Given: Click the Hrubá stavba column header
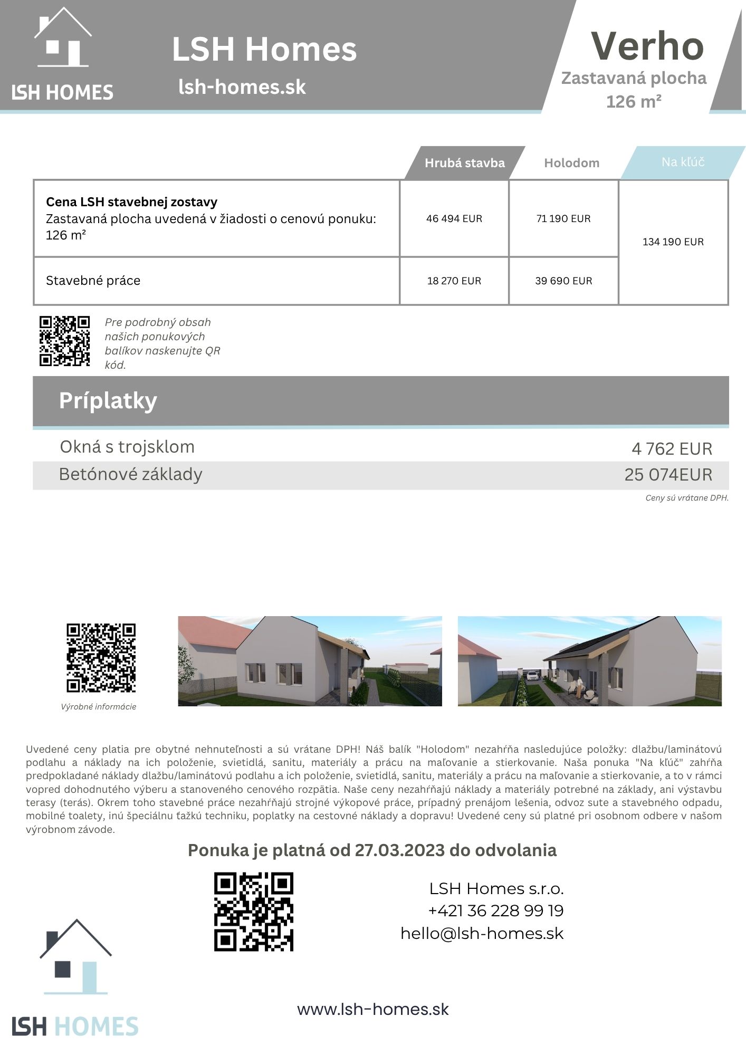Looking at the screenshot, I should [464, 163].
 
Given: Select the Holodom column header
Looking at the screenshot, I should [571, 163].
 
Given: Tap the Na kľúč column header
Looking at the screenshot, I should [683, 162].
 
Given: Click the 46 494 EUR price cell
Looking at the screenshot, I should [454, 218].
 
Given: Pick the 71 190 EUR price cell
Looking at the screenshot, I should [563, 218].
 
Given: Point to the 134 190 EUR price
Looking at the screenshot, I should [673, 242].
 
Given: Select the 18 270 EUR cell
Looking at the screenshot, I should [454, 281].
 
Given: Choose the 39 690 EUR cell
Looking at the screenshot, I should [563, 281].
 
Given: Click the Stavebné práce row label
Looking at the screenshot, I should [93, 281].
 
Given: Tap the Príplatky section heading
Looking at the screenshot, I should [108, 400].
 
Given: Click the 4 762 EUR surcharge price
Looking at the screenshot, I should [672, 449].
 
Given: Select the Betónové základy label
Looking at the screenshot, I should [130, 474].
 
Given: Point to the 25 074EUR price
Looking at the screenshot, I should [668, 475].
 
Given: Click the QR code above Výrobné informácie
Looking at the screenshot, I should [101, 658].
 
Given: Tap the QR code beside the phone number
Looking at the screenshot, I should [253, 912].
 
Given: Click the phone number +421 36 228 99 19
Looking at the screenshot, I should [495, 910].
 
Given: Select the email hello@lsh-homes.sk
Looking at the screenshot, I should [482, 933].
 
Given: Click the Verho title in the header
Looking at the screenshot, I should [647, 46].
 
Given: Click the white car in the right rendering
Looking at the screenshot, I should [532, 675].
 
